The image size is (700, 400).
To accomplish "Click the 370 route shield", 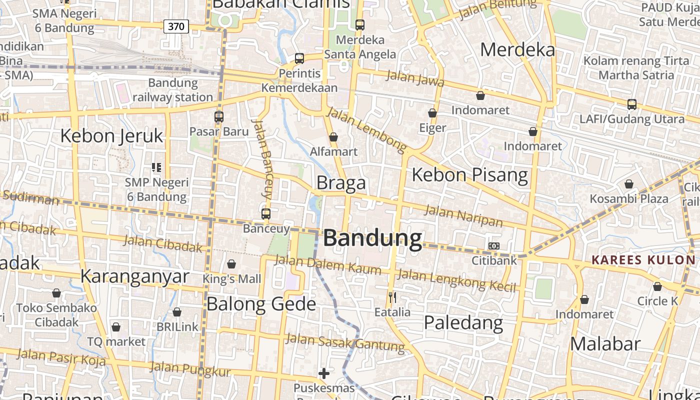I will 176,26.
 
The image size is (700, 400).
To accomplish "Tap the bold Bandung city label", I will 372,238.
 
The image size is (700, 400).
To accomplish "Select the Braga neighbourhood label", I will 341,183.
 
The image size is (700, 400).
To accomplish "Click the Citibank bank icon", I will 493,246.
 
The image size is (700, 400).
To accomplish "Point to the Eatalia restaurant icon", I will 392,297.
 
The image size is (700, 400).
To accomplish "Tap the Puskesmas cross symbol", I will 324,373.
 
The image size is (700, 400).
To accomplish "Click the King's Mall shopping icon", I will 231,264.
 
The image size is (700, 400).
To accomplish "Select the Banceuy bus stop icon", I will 266,214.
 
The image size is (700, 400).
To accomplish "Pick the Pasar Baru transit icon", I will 219,117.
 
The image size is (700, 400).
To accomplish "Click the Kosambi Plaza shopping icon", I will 629,184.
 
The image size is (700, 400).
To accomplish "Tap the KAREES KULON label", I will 643,260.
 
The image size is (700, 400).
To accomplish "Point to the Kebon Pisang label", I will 469,175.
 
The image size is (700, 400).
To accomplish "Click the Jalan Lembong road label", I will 366,130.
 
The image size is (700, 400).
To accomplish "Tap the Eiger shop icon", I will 432,113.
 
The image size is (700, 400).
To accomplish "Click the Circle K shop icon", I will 657,286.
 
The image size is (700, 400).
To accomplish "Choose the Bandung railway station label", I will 173,90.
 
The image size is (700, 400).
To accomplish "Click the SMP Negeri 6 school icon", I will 156,167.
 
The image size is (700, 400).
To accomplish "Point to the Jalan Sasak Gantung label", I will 345,342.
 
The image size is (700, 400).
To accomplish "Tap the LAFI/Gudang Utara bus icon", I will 632,104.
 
